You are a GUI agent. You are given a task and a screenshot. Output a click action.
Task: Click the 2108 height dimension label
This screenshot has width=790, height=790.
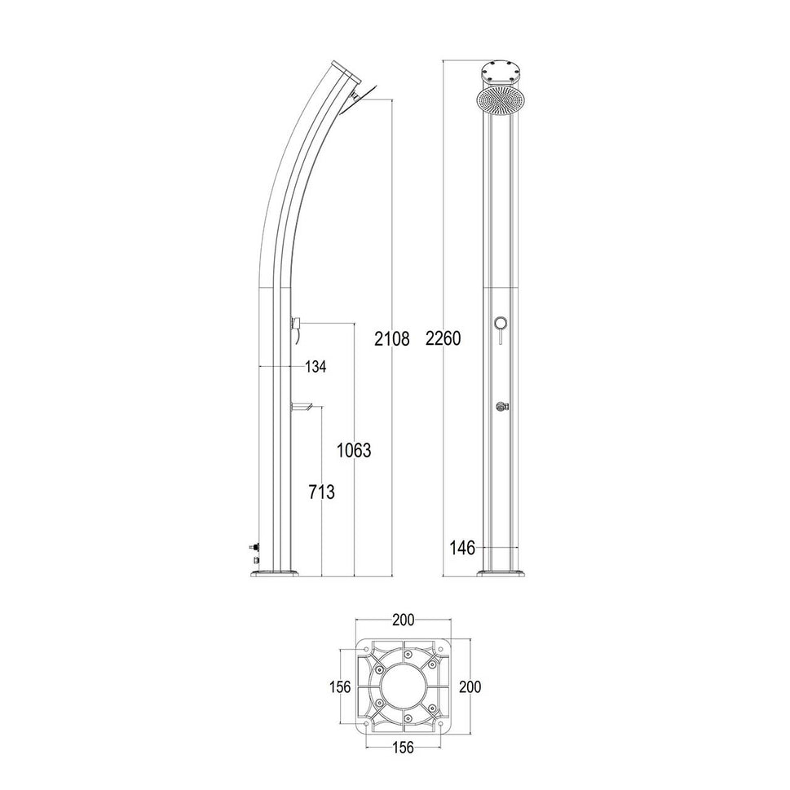point(391,339)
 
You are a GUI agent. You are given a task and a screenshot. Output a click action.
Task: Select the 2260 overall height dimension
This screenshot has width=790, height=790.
point(444,339)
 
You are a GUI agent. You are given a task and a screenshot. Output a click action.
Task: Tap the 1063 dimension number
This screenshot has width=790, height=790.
point(355,450)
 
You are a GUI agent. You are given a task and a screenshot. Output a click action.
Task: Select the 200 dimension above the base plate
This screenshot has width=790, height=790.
point(403,620)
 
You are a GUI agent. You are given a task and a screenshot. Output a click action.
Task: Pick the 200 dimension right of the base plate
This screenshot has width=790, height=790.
point(469,686)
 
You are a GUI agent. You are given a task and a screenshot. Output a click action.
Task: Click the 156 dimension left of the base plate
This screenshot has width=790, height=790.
point(338,686)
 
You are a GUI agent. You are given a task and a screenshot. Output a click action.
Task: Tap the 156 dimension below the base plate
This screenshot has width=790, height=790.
point(403,748)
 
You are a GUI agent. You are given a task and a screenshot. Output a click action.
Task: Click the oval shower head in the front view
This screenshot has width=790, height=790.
point(500,101)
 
